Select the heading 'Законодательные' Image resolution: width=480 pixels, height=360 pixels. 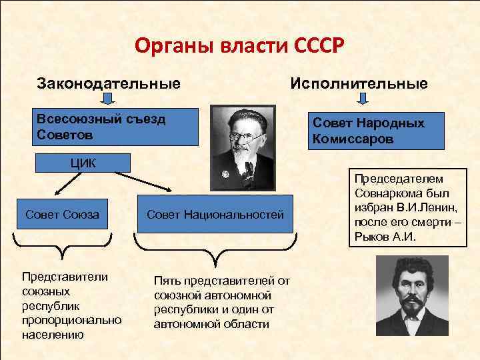[x=109, y=85]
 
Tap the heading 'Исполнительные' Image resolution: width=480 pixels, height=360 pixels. [x=358, y=84]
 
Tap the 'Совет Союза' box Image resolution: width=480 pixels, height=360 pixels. [x=62, y=214]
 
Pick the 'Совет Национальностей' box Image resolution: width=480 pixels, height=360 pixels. [x=215, y=214]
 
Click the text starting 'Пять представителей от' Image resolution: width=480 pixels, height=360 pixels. [x=222, y=302]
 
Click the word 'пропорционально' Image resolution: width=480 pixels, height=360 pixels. [x=72, y=319]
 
